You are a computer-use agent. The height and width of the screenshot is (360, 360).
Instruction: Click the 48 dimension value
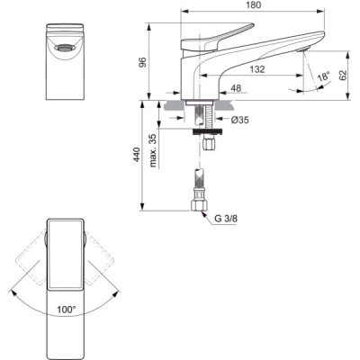(236, 89)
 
